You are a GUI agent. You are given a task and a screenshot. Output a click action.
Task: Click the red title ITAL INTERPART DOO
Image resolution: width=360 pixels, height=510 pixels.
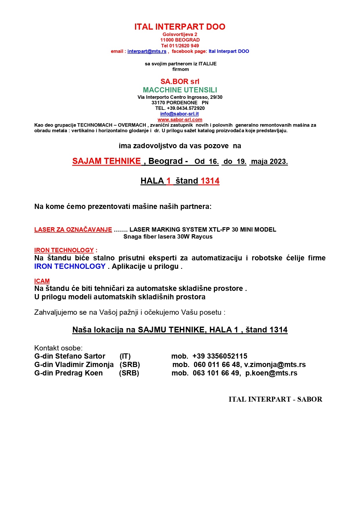pyautogui.click(x=180, y=27)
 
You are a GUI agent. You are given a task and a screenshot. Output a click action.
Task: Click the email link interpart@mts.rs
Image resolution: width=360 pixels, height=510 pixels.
pyautogui.click(x=147, y=51)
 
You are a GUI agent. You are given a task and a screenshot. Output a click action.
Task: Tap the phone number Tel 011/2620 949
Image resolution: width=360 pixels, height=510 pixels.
pyautogui.click(x=180, y=46)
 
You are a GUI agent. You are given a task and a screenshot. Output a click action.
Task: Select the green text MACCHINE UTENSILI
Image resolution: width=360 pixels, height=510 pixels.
pyautogui.click(x=180, y=90)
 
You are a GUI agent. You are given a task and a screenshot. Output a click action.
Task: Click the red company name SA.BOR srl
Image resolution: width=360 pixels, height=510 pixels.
pyautogui.click(x=180, y=81)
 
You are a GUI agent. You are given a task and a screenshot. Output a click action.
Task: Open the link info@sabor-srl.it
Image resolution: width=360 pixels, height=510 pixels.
pyautogui.click(x=179, y=114)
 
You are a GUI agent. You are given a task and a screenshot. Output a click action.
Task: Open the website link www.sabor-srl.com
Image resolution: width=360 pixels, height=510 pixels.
pyautogui.click(x=180, y=119)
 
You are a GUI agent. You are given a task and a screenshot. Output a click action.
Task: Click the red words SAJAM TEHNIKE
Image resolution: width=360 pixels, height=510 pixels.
pyautogui.click(x=107, y=161)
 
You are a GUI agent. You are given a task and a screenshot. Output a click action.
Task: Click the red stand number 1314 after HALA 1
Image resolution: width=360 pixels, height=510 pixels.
pyautogui.click(x=210, y=181)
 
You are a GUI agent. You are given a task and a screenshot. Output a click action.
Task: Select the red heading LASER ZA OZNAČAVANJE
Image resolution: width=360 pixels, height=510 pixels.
pyautogui.click(x=73, y=230)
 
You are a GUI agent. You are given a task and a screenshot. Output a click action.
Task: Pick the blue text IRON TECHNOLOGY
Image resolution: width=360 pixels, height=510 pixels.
pyautogui.click(x=70, y=266)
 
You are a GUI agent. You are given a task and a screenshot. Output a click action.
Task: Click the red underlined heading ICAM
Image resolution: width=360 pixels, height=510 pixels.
pyautogui.click(x=42, y=281)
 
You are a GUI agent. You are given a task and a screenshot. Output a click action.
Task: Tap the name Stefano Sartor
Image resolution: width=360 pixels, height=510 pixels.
pyautogui.click(x=80, y=356)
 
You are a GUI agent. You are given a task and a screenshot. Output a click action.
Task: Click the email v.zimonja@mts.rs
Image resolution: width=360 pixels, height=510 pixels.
pyautogui.click(x=275, y=364)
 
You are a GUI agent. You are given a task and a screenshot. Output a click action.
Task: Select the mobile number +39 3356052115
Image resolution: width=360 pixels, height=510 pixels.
pyautogui.click(x=220, y=356)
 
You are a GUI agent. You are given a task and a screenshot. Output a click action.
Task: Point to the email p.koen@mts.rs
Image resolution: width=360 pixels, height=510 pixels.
pyautogui.click(x=271, y=373)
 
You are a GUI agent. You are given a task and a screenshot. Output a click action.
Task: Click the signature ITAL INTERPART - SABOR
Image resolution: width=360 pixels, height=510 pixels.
pyautogui.click(x=275, y=399)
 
